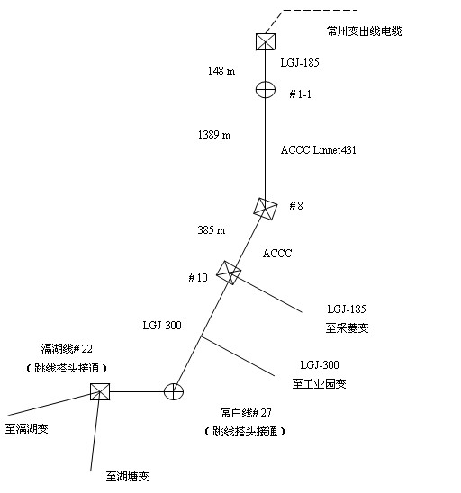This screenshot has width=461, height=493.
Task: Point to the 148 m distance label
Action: point(221,71)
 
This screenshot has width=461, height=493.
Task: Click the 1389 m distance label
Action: point(214,135)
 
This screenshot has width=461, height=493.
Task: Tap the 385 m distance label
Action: point(212,230)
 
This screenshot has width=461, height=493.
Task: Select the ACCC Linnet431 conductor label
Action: point(319,149)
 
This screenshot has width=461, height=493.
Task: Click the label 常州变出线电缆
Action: point(365,31)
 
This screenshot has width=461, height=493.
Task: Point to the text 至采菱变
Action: point(347,328)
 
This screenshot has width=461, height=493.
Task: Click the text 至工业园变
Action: point(319,384)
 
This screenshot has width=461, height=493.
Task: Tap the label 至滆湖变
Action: point(27,428)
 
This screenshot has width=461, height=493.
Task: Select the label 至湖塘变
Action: point(128,477)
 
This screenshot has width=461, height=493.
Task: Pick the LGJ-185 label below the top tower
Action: point(300,63)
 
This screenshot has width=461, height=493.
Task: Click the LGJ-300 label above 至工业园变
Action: point(320,364)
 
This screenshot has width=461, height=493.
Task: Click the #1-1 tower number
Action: point(301,94)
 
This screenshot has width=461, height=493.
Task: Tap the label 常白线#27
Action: point(246,413)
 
